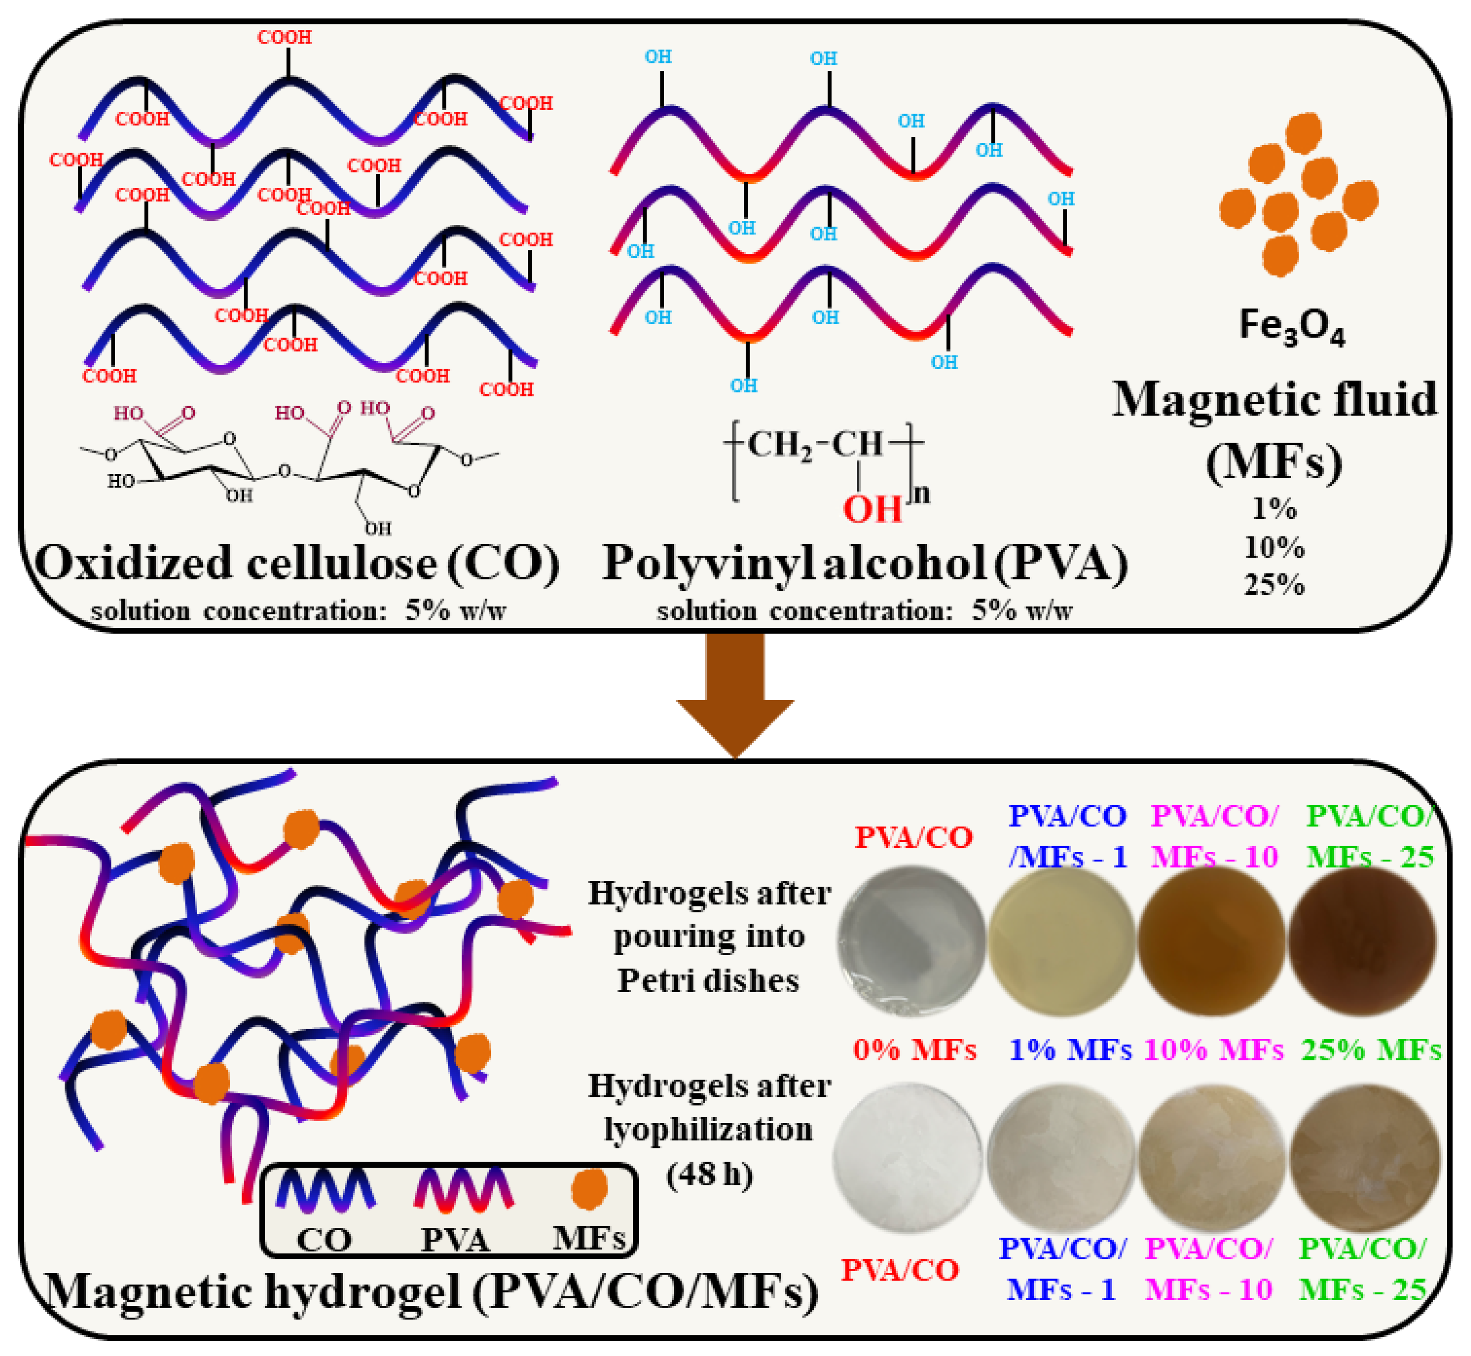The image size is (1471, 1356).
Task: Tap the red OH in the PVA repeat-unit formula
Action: coord(871,509)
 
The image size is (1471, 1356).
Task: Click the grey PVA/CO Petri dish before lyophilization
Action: coord(912,942)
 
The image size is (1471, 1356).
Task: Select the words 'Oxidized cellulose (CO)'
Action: coord(297,564)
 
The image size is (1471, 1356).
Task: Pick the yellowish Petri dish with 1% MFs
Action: coord(1061,942)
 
